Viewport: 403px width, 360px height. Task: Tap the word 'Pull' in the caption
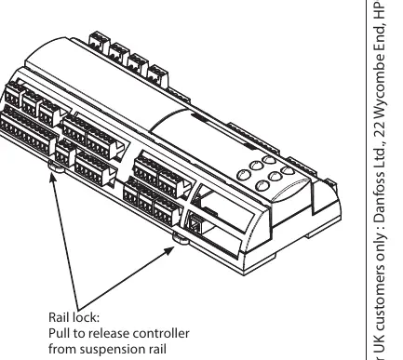60,333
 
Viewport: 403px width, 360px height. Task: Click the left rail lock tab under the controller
57,167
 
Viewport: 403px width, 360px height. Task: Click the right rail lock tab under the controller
181,238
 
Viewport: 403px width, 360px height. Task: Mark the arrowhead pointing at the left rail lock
53,177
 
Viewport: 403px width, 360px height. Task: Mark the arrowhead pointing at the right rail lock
170,250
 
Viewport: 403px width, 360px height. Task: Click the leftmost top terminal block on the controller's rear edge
100,43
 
